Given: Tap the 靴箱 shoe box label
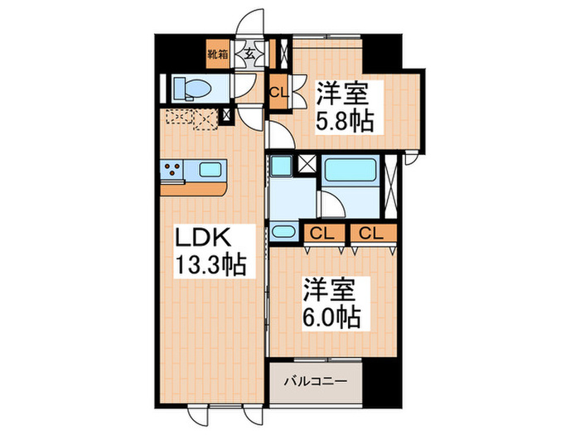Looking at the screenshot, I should coord(218,57).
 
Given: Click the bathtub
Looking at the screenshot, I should coord(350,172).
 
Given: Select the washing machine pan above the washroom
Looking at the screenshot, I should coord(281,165).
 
